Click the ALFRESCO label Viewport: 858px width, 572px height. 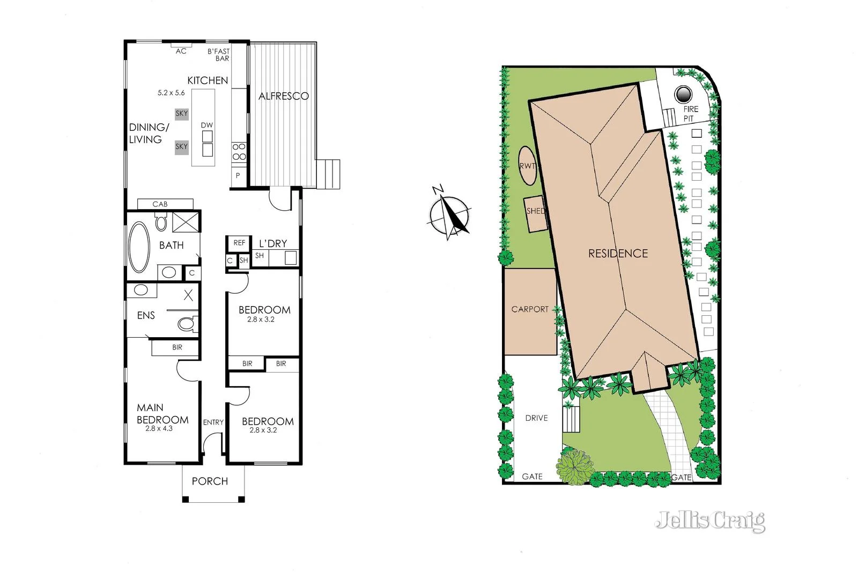tap(284, 96)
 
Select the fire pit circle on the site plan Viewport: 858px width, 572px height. tap(683, 95)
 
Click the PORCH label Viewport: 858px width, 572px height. tap(210, 481)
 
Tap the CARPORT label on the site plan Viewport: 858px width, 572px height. tap(530, 309)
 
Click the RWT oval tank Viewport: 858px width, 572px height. tap(528, 166)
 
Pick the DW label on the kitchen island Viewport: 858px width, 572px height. tap(207, 125)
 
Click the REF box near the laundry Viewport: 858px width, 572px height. tap(239, 243)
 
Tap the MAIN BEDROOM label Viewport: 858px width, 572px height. tap(162, 414)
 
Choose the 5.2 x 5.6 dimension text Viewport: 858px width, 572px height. tap(171, 93)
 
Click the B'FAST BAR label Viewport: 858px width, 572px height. tap(219, 55)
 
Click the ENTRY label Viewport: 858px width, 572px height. tap(213, 422)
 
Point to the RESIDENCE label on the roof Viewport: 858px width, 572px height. tap(618, 253)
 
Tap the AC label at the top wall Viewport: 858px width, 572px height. tap(181, 51)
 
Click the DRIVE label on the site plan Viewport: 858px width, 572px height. tap(536, 418)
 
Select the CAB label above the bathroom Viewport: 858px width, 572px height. tap(160, 204)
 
